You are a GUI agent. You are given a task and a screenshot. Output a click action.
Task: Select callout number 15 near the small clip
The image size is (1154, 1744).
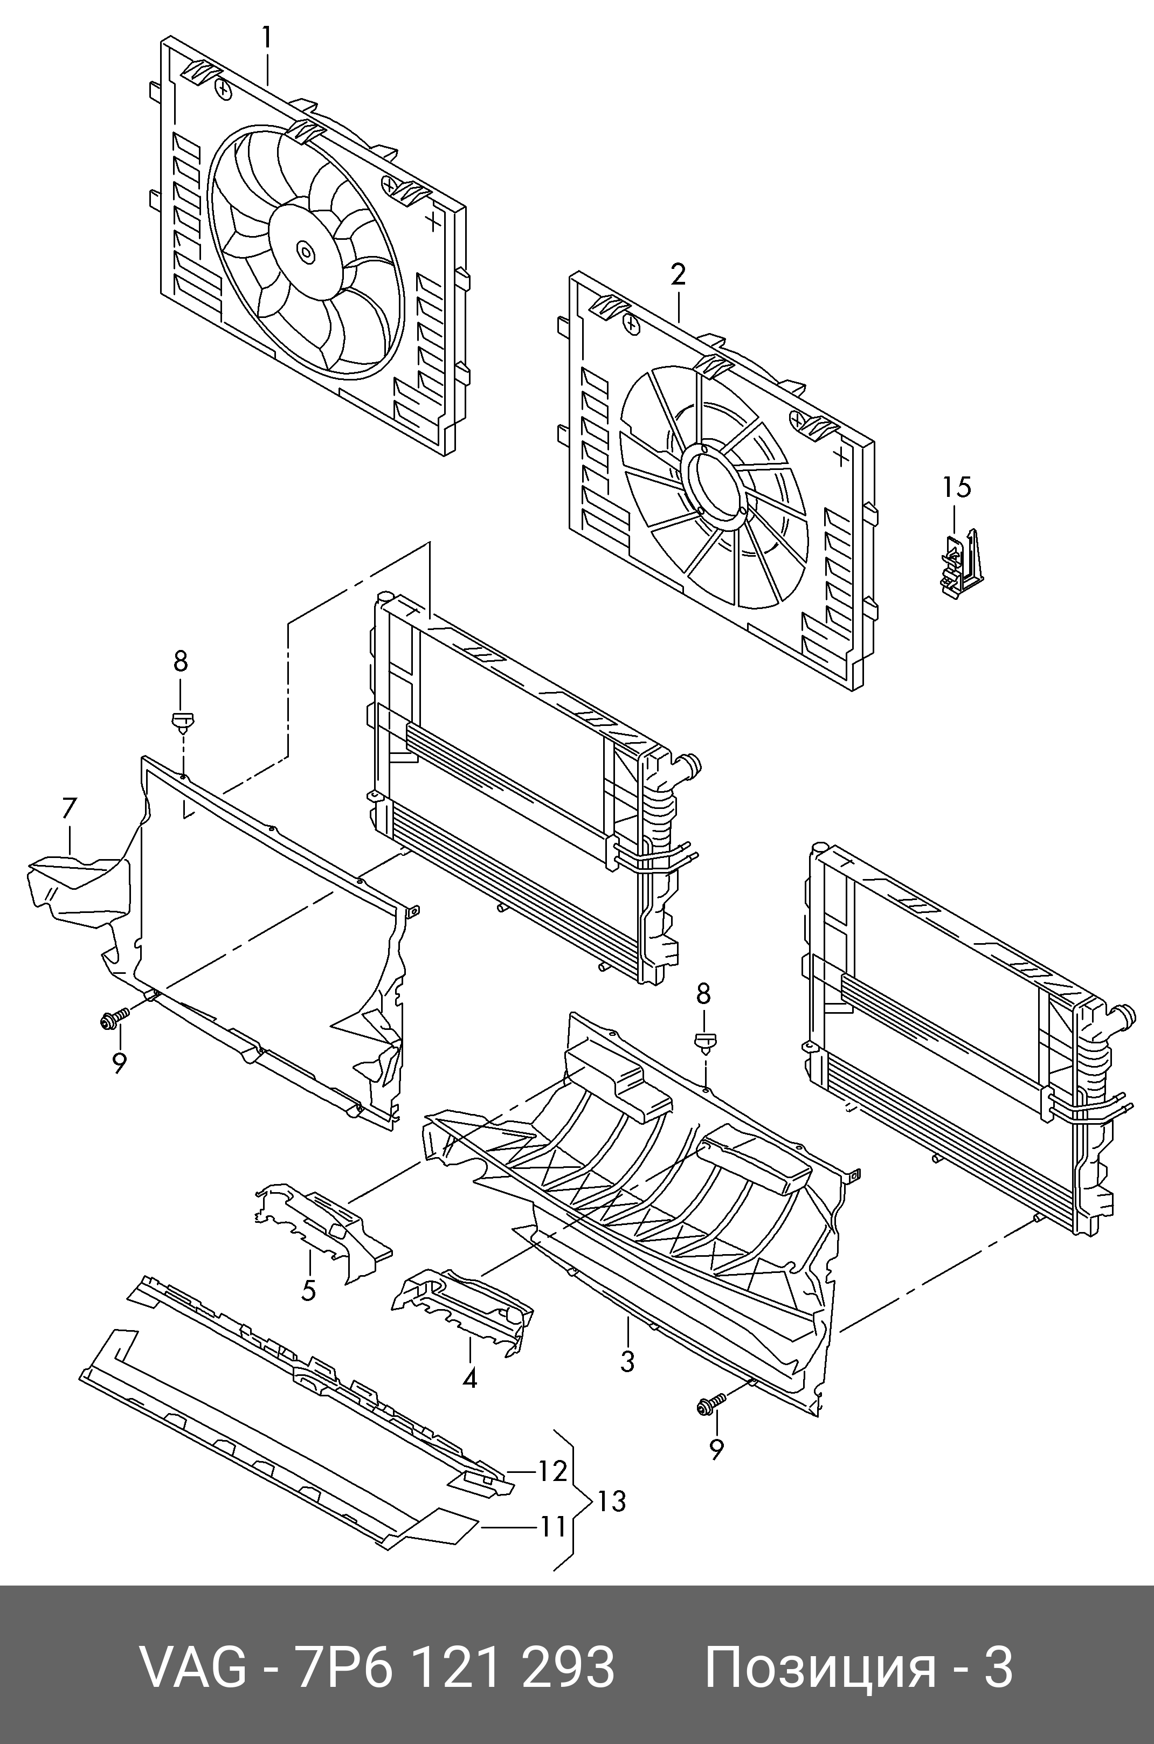pyautogui.click(x=957, y=487)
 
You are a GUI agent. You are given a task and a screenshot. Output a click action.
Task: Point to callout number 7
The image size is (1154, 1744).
pyautogui.click(x=68, y=808)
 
